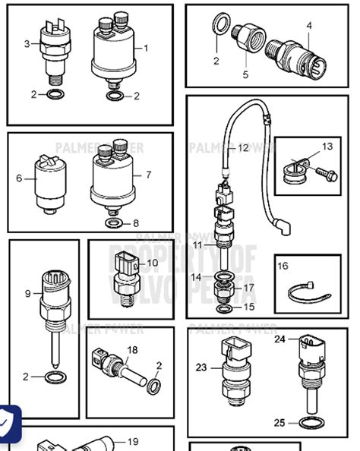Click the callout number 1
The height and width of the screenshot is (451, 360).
click(146, 48)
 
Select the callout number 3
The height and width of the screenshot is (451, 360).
click(27, 44)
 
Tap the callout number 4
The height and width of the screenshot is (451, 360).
click(309, 26)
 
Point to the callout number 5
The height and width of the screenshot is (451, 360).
click(245, 74)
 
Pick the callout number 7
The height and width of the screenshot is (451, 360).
click(148, 175)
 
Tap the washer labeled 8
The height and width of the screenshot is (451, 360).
click(112, 223)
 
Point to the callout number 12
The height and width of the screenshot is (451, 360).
click(242, 148)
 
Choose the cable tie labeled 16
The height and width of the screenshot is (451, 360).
click(305, 293)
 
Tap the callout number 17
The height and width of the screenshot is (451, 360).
click(248, 289)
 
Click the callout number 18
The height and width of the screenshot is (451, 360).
click(132, 349)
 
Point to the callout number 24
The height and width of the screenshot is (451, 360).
click(279, 339)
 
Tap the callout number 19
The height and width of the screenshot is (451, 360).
click(132, 442)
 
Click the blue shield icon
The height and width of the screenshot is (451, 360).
click(9, 418)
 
